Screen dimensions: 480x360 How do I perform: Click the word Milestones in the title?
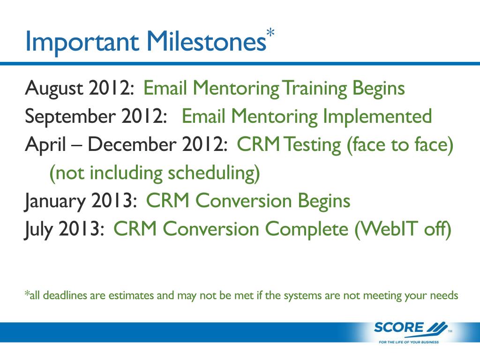207,41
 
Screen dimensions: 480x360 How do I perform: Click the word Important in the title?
82,43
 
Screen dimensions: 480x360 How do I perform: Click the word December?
132,144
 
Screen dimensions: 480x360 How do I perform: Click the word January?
55,202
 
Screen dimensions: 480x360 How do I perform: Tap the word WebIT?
386,229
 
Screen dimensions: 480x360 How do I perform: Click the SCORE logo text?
398,328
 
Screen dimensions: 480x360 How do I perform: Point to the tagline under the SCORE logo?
409,342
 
